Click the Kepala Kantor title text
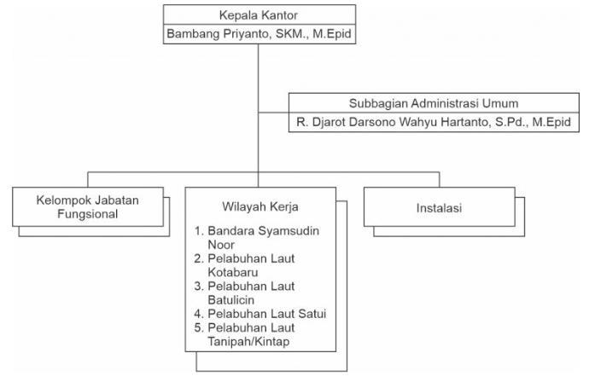coord(258,15)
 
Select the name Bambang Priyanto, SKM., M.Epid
coord(258,35)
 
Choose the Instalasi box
coord(438,207)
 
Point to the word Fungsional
coord(87,214)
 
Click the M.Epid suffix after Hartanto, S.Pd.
coord(551,123)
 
